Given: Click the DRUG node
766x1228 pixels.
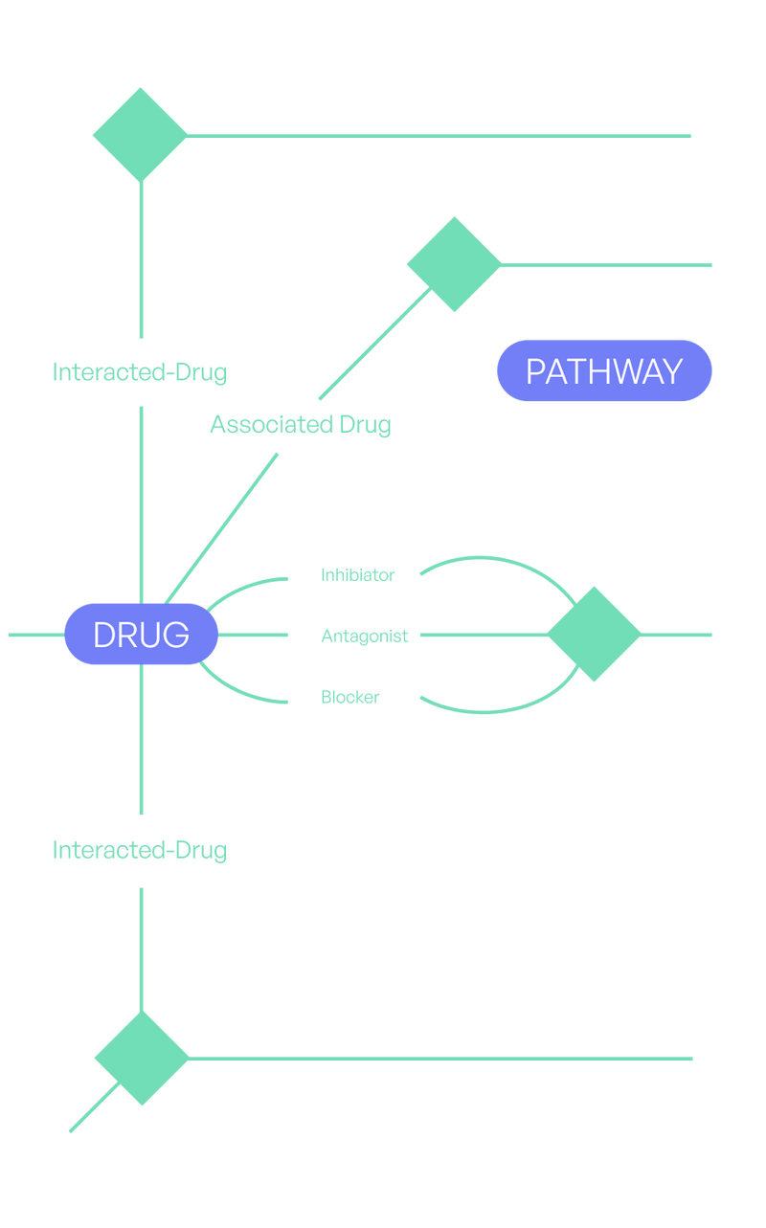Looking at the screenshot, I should (141, 634).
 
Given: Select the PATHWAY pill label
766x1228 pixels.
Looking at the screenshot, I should (604, 371).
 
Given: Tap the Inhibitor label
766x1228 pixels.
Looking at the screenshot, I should (357, 575).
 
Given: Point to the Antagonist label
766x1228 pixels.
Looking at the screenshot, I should (365, 636).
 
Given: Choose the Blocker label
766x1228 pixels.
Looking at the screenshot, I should (349, 697).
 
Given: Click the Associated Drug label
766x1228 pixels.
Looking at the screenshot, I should (301, 424).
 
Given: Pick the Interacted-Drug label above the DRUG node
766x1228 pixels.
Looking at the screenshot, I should (139, 371).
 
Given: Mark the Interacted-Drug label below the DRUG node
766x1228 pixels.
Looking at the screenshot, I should (139, 850).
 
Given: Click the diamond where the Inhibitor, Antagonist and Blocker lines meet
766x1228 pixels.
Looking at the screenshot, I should (594, 634).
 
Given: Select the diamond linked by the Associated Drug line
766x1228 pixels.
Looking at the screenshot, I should (453, 264).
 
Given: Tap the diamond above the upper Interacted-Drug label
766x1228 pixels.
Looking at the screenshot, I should (140, 134).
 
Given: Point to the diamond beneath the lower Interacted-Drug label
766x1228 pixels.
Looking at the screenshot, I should (142, 1058).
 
